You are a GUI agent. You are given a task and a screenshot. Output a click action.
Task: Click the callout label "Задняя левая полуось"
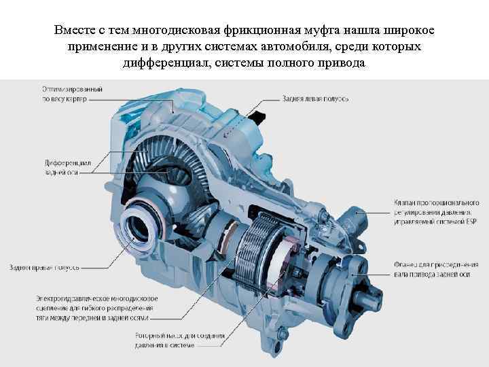click(x=316, y=99)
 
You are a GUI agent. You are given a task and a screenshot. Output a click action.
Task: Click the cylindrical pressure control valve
click(x=355, y=217)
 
